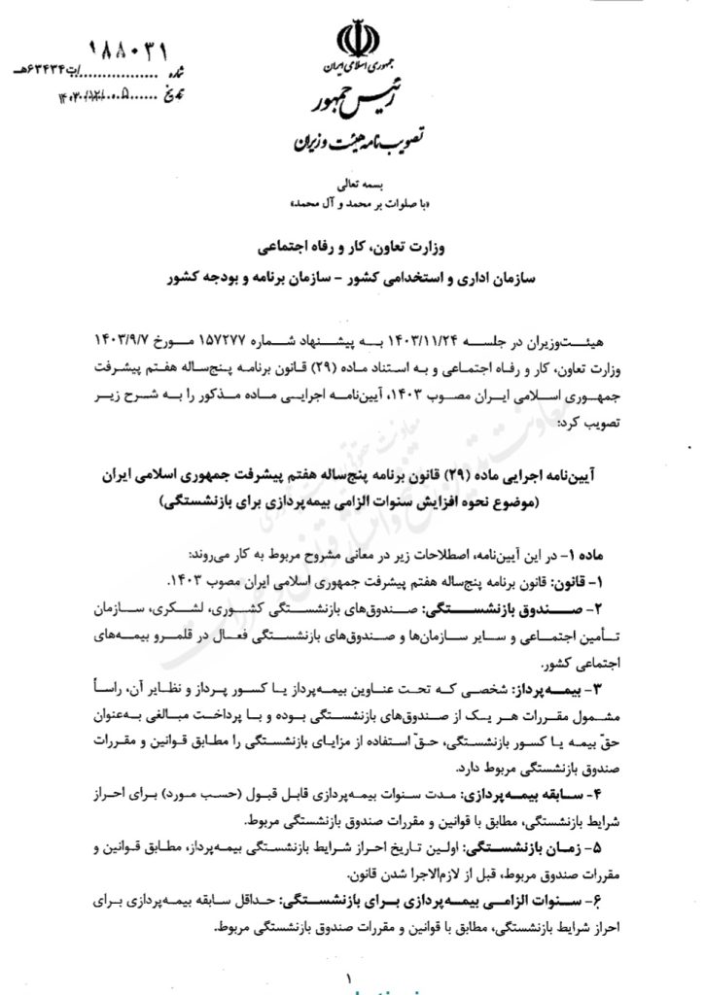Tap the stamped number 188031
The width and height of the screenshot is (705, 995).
pos(142,48)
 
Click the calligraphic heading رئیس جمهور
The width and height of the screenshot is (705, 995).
pos(349,104)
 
